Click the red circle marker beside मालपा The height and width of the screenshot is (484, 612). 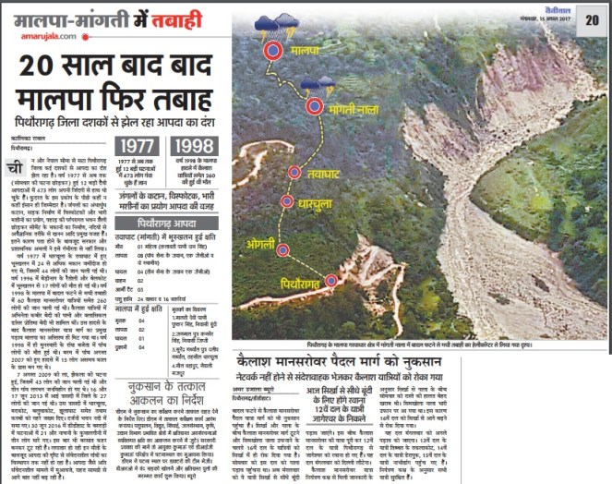pyautogui.click(x=272, y=52)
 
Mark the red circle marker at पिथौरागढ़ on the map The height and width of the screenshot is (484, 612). pyautogui.click(x=330, y=280)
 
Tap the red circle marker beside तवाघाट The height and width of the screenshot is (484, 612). pyautogui.click(x=294, y=172)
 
